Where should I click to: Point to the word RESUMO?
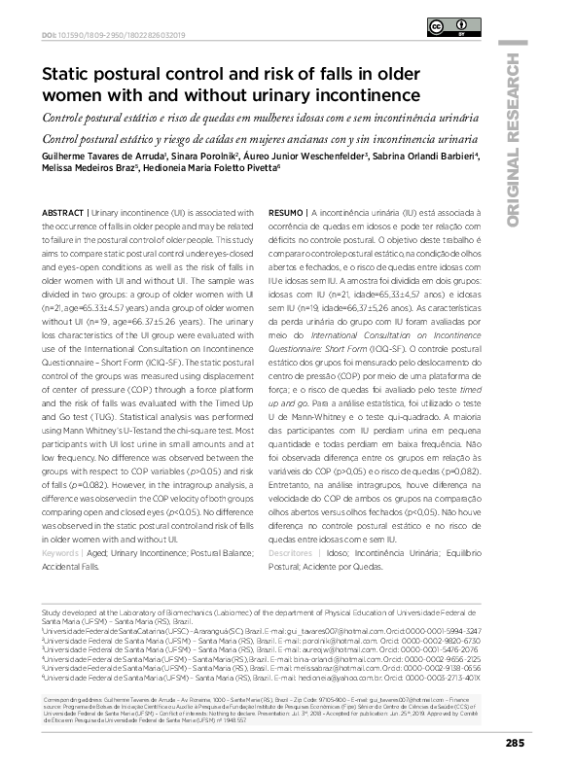tap(286, 212)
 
